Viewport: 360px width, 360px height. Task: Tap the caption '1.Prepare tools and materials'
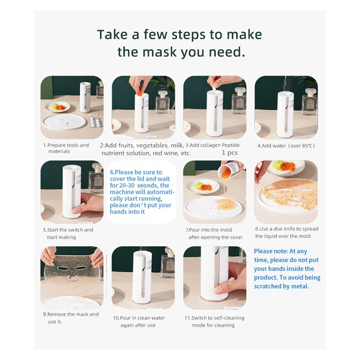(x=66, y=148)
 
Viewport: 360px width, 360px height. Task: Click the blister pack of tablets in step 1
(x=95, y=121)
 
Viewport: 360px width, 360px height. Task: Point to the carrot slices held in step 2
(x=139, y=91)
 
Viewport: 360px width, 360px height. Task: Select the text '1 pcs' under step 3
(x=229, y=153)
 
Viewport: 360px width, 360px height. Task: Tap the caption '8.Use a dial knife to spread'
(x=287, y=229)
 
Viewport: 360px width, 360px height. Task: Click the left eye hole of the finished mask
(x=62, y=268)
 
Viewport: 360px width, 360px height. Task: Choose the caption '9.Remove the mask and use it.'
(x=71, y=318)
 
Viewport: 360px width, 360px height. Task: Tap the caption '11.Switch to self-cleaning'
(x=215, y=318)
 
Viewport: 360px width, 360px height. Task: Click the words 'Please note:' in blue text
(x=271, y=252)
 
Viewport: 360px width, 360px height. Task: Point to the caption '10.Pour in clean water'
(x=139, y=318)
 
